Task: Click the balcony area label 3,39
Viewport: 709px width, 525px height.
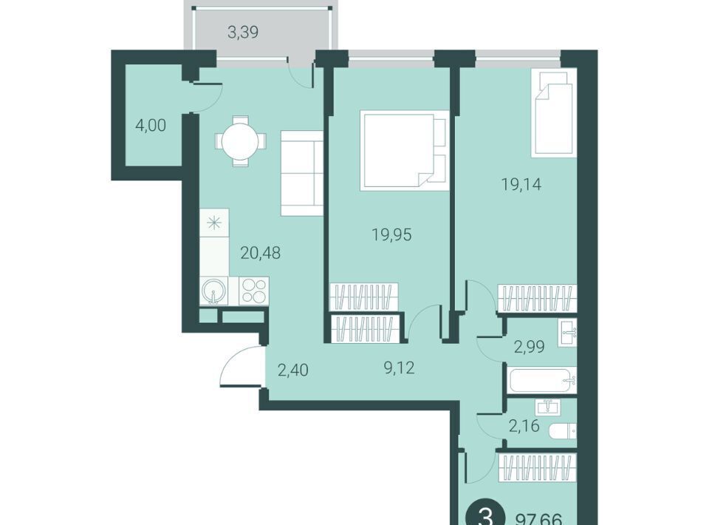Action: [243, 33]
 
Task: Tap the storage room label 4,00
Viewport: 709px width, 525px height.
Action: [151, 125]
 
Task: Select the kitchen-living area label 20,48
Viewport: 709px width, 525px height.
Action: [261, 253]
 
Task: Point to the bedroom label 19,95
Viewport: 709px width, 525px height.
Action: [391, 234]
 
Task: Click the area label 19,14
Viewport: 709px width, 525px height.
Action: [521, 184]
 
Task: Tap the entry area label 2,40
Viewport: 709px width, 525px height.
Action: [293, 370]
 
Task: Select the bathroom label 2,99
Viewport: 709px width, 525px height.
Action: [529, 347]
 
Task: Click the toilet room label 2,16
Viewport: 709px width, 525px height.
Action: [524, 426]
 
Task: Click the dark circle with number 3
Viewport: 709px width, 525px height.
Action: [485, 516]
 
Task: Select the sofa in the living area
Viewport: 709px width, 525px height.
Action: [301, 173]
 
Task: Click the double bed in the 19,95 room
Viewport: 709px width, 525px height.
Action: [405, 150]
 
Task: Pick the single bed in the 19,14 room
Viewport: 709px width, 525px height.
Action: [555, 113]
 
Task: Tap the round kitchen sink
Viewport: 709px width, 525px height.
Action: [214, 291]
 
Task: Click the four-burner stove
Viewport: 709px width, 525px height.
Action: [253, 291]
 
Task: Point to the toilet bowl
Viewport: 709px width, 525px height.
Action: [563, 431]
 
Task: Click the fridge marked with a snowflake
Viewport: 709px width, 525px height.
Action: [214, 223]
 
